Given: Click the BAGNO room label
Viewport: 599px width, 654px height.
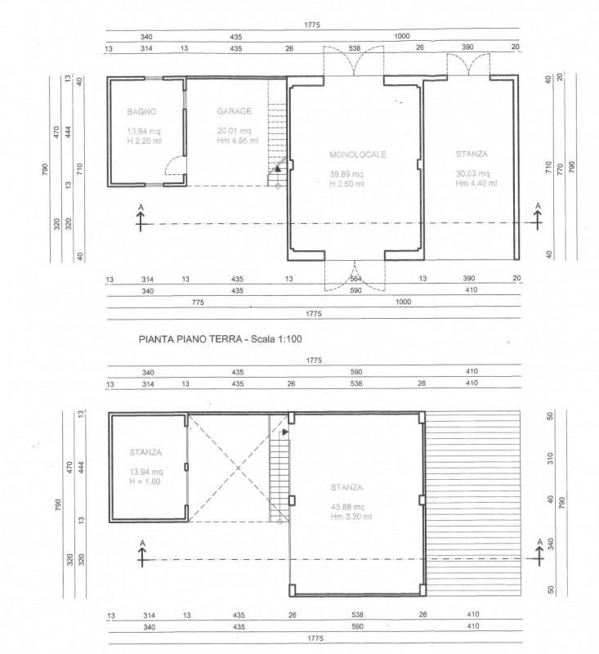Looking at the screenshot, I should click(x=141, y=111).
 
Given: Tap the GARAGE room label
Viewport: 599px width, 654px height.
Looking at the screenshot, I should click(x=235, y=111).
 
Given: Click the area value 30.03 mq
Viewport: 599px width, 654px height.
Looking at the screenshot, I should click(x=472, y=173).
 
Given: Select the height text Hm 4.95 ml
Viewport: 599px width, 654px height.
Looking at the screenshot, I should click(x=238, y=140).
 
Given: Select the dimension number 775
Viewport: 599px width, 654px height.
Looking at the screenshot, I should click(x=197, y=302).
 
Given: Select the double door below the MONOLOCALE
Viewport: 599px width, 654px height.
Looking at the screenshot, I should click(x=354, y=275).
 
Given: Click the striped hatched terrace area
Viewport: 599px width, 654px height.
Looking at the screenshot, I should click(x=473, y=502).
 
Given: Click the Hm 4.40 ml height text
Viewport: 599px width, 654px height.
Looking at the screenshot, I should click(x=472, y=184).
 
